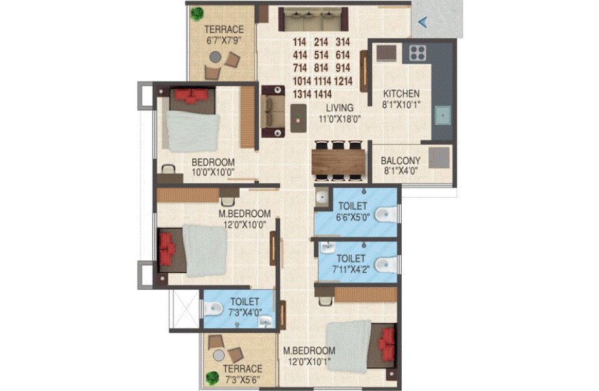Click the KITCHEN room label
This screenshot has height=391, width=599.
401,94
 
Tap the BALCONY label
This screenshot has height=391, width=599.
401,161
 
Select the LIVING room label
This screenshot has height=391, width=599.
340,108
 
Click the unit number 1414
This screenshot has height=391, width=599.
323,94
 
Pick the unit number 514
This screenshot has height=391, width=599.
321,55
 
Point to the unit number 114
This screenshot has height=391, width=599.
300,42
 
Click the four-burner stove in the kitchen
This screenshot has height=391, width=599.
417,53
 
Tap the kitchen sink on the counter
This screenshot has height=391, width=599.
443,115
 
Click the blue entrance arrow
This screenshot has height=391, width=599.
422,23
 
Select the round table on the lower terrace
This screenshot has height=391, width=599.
219,355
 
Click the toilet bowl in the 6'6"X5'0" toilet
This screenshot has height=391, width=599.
386,215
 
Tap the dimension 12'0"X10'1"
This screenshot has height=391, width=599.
309,361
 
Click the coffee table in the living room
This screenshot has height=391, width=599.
298,118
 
